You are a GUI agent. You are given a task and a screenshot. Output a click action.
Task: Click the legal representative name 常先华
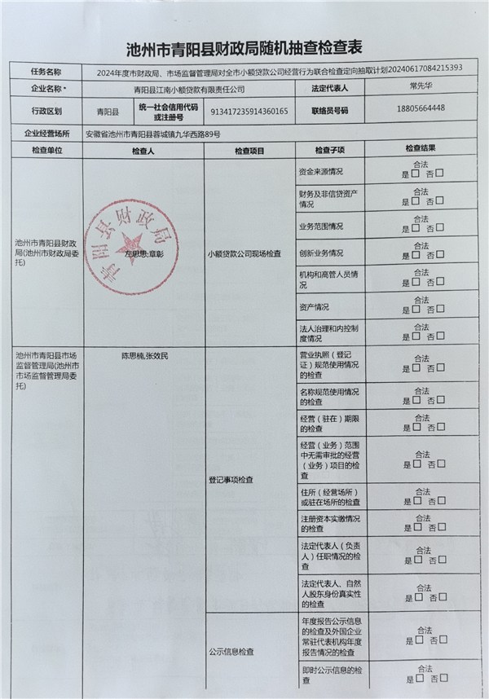click(422, 87)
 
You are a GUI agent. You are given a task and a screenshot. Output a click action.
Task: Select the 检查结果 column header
click(421, 151)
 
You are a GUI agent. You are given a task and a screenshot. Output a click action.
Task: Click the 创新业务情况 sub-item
click(321, 253)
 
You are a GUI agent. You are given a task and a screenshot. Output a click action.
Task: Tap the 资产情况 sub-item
click(315, 307)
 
